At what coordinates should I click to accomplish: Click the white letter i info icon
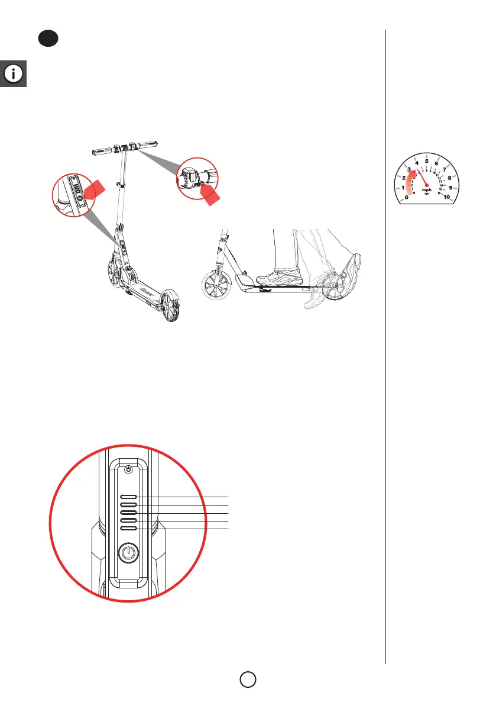point(14,74)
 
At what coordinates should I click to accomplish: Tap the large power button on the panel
point(128,554)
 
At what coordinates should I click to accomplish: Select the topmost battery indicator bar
point(129,497)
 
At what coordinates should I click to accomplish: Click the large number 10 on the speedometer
point(447,197)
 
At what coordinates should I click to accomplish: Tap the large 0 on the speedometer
point(406,197)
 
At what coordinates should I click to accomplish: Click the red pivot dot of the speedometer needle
point(426,184)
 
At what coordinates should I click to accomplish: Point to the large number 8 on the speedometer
point(450,178)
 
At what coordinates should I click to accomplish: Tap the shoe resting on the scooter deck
point(279,275)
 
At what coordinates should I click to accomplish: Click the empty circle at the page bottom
point(248,678)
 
